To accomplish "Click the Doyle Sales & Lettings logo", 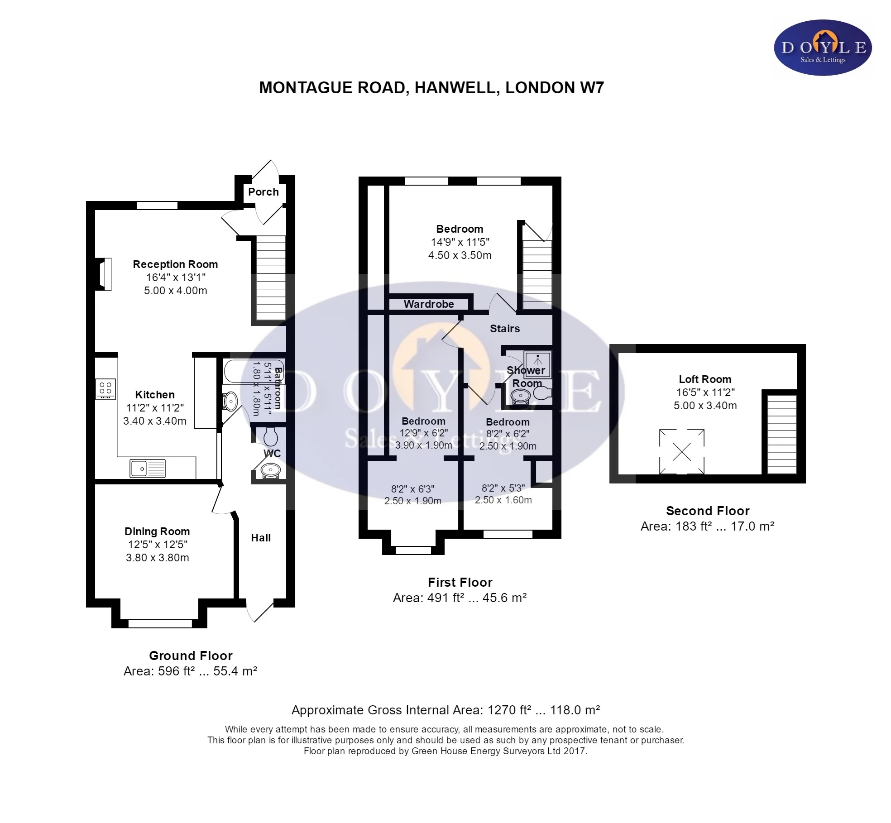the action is (823, 48).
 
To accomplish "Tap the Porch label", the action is (263, 192).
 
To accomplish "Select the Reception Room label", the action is (175, 264).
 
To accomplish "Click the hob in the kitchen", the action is (105, 389).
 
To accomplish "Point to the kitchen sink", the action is (148, 469).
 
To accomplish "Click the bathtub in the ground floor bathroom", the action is (254, 372).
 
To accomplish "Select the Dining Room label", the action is (157, 531).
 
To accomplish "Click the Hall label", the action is (261, 538).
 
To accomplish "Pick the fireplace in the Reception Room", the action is (104, 274).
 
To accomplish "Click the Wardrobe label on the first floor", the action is (429, 304).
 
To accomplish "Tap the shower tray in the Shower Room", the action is (538, 364).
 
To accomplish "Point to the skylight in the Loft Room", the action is (681, 451).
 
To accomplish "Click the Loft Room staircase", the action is (782, 434).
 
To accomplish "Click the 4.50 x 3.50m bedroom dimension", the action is (460, 255).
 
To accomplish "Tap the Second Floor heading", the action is (708, 511).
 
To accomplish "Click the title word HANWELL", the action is (457, 88).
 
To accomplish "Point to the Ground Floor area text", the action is (190, 671).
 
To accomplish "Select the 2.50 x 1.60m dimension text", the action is (503, 500).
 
